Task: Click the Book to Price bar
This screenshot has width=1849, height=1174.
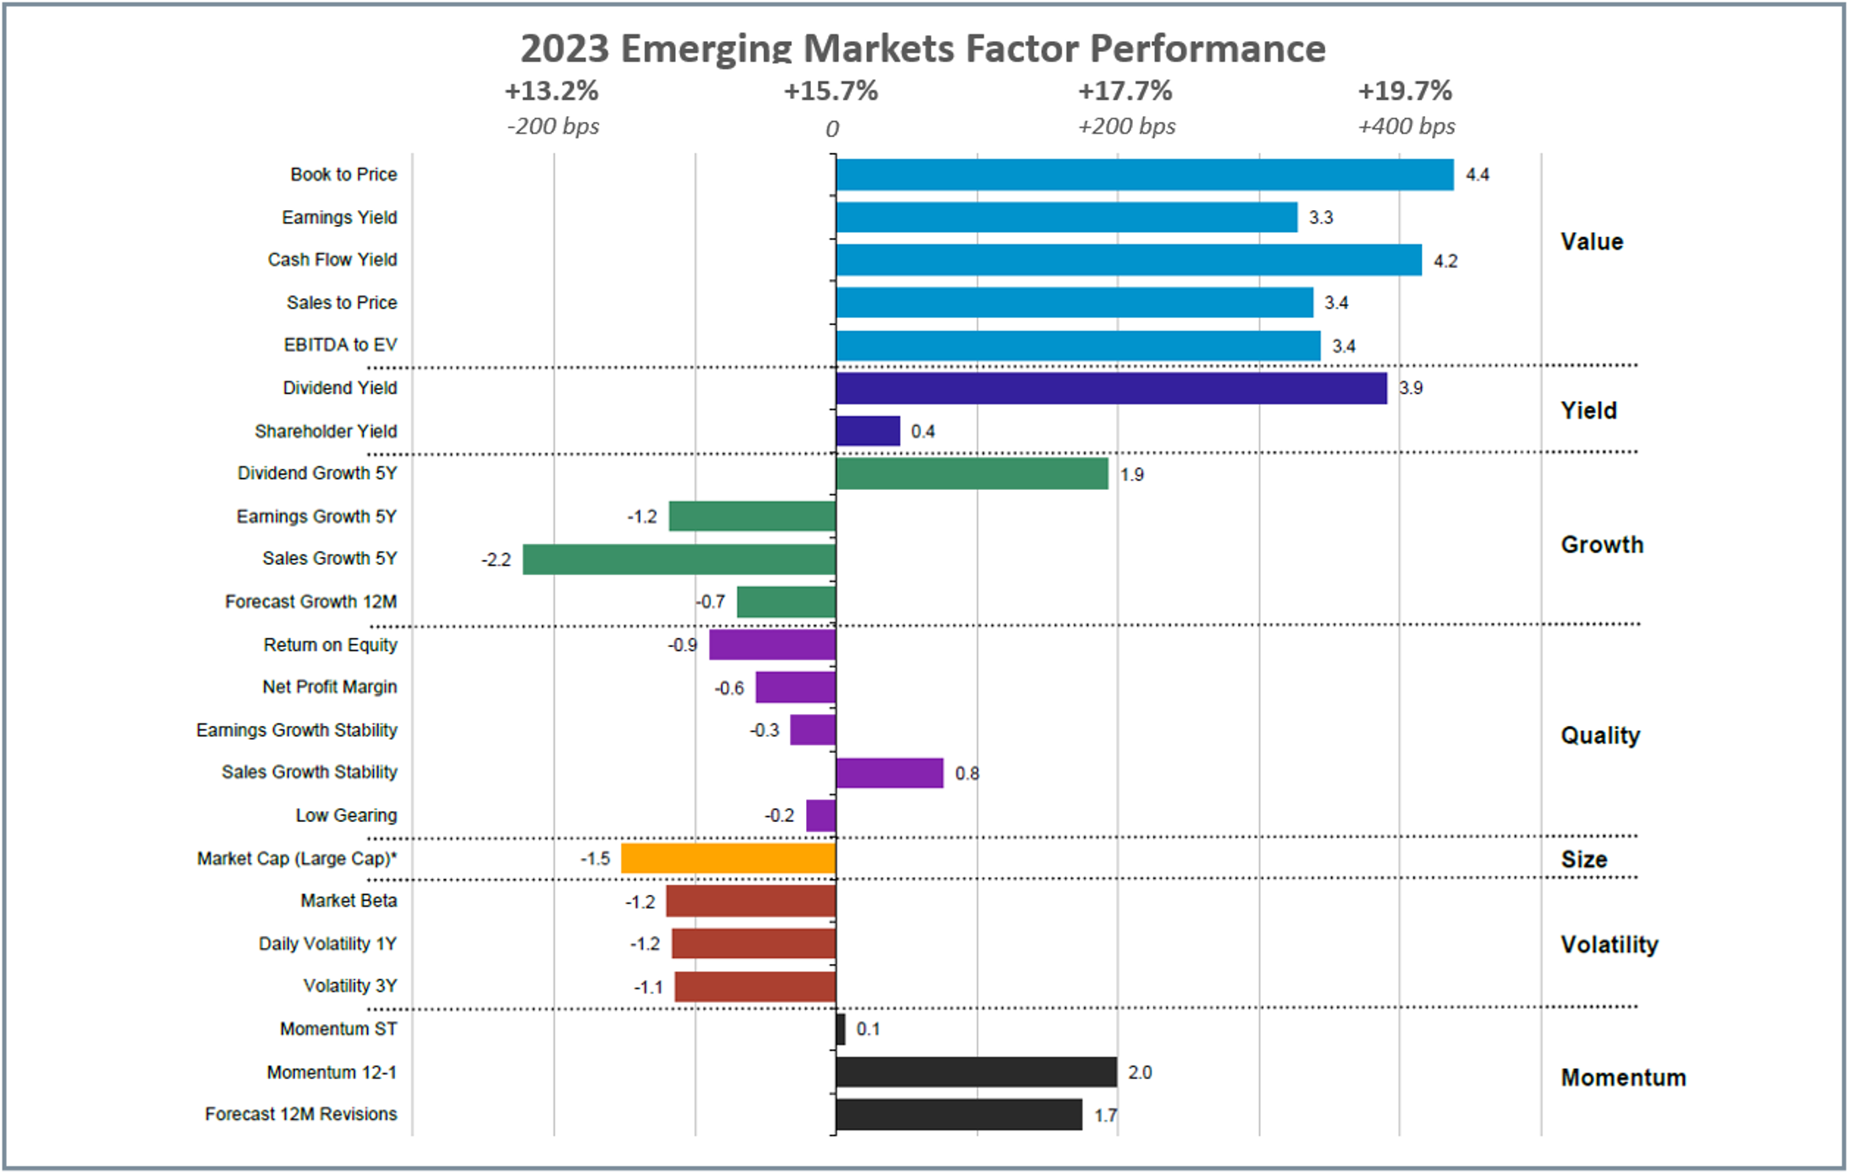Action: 1144,175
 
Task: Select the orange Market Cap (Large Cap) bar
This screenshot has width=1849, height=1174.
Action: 728,859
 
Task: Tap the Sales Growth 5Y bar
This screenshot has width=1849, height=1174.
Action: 679,560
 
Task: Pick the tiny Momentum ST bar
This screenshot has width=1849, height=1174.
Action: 840,1029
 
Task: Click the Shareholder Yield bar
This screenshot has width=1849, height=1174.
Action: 867,431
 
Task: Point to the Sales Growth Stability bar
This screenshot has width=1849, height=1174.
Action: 889,773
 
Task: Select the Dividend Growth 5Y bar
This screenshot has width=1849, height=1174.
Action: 972,474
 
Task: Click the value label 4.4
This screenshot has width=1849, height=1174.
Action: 1477,175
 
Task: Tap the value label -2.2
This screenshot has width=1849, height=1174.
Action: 496,560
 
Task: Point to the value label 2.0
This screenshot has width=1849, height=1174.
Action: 1139,1073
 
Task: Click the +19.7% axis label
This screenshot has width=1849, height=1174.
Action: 1404,91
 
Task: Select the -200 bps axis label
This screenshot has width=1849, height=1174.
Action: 553,127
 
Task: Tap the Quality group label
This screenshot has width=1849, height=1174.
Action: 1599,735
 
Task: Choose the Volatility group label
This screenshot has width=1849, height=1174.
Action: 1609,945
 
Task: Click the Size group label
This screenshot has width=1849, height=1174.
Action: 1583,860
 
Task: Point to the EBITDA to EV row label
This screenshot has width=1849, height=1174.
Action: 340,345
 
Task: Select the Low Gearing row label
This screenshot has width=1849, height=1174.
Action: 345,815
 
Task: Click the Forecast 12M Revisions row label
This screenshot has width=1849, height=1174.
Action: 300,1114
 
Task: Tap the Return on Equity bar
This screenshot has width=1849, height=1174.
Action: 772,645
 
